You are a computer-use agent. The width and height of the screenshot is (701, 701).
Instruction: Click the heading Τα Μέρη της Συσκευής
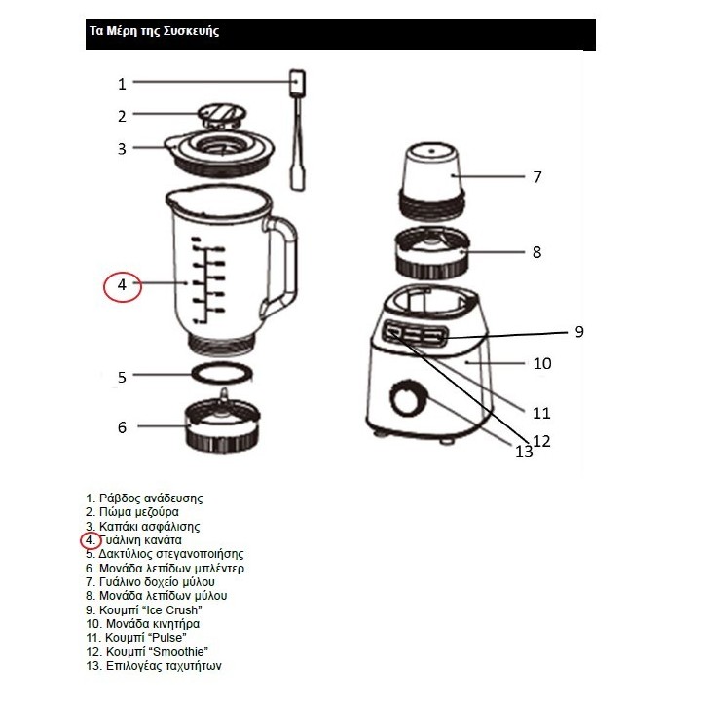click(x=154, y=31)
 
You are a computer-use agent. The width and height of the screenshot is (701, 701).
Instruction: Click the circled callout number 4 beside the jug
click(x=123, y=285)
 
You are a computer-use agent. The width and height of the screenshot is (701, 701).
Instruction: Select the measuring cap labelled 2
click(x=222, y=115)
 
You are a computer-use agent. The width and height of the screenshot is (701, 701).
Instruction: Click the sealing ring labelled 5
click(x=222, y=374)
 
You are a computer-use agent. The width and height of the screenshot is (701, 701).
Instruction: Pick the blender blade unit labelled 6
click(x=223, y=426)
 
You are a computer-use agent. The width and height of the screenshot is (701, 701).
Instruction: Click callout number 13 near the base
click(x=524, y=451)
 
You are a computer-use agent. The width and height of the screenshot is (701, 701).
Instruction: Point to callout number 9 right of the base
click(x=578, y=331)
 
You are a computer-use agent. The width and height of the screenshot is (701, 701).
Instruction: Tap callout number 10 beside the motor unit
click(x=542, y=364)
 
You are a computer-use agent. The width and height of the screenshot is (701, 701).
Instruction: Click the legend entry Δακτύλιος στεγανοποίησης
click(x=165, y=554)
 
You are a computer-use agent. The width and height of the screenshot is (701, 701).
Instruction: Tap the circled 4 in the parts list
click(x=89, y=539)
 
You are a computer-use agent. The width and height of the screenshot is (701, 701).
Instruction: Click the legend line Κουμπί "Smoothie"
click(x=148, y=651)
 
